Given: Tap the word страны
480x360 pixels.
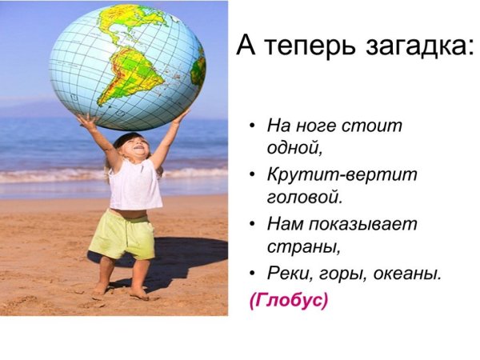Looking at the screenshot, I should pyautogui.click(x=294, y=245).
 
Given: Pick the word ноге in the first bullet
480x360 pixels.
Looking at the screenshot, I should pyautogui.click(x=312, y=126).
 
